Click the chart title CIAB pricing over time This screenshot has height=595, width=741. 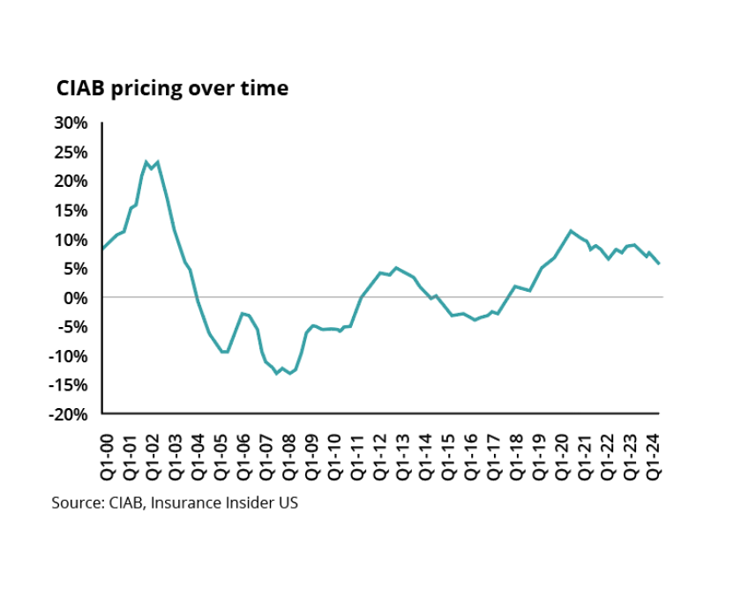coord(172,89)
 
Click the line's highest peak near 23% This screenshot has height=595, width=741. coord(146,161)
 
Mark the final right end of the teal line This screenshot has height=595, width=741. coord(660,264)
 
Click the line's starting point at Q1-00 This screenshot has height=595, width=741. coord(103,249)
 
